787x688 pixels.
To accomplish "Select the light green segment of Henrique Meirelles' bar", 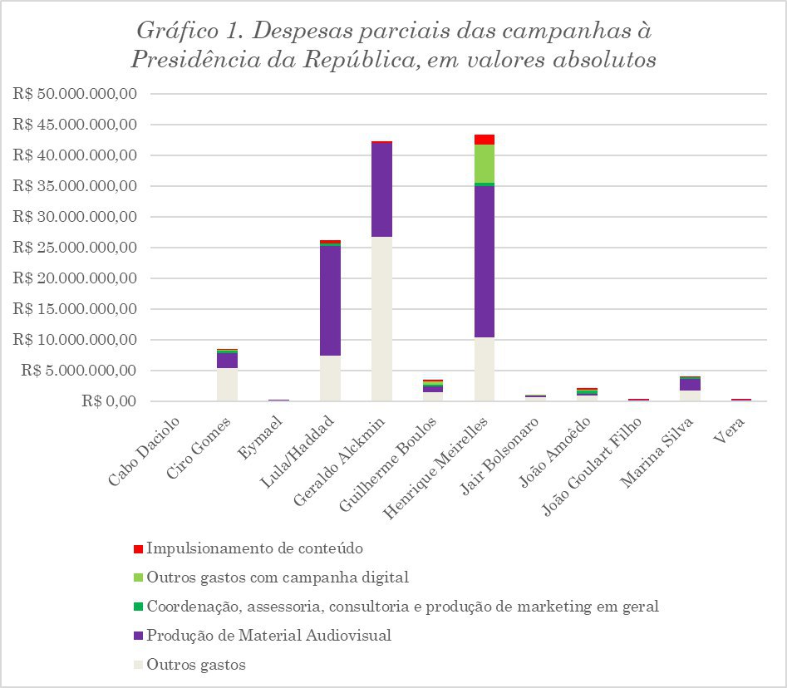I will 484,164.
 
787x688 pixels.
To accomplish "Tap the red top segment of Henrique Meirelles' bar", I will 484,140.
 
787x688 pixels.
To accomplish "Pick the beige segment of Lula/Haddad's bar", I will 330,379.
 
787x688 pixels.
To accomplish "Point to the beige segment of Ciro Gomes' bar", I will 227,385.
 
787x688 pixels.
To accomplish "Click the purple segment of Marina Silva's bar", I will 690,385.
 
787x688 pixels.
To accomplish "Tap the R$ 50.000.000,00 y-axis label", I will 75,94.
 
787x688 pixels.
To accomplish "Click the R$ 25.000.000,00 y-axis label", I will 75,248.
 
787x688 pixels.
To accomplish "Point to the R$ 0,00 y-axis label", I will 105,401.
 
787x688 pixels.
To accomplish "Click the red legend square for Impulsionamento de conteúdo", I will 138,549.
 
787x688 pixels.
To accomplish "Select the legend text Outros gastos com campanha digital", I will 278,577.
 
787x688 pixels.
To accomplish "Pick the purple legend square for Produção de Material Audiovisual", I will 138,636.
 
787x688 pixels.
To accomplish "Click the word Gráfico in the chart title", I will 175,32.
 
